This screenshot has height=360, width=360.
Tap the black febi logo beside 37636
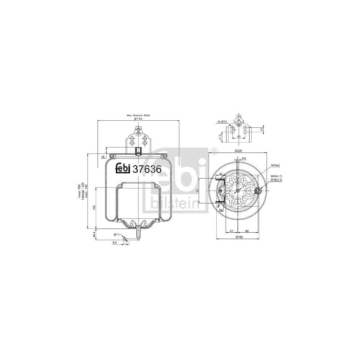pyautogui.click(x=123, y=168)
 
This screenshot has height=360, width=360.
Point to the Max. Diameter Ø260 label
pyautogui.click(x=138, y=116)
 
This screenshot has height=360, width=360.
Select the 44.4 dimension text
pyautogui.click(x=94, y=234)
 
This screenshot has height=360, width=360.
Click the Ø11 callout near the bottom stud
pyautogui.click(x=117, y=234)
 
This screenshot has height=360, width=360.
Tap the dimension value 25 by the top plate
pyautogui.click(x=103, y=157)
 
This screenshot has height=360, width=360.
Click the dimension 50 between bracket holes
pyautogui.click(x=238, y=137)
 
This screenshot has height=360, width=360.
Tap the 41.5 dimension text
pyautogui.click(x=221, y=137)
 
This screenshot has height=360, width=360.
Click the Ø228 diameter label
pyautogui.click(x=238, y=150)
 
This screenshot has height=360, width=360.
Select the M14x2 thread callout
pyautogui.click(x=276, y=165)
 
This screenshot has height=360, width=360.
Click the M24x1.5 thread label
pyautogui.click(x=276, y=176)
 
